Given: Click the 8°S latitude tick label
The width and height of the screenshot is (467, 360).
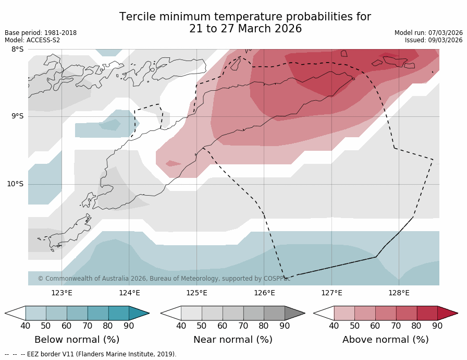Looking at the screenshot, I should point(17,50).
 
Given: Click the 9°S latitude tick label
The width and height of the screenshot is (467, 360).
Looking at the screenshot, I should point(17,116).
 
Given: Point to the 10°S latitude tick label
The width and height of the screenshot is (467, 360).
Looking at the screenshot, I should point(15,184).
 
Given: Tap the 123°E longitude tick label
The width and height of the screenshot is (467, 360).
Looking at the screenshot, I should point(62,293).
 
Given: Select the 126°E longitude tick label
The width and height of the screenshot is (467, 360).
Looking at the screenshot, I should point(264,293).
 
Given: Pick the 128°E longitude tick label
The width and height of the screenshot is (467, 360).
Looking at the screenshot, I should point(399,293).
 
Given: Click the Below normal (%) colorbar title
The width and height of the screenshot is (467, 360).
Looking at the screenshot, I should point(77,340).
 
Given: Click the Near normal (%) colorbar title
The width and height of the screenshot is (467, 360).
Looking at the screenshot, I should point(232,340).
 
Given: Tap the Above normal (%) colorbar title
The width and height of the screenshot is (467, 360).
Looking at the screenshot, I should point(385,340).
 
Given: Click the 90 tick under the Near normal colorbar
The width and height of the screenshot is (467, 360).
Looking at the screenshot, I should point(285,326).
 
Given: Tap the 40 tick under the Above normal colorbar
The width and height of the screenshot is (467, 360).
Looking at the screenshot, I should point(334,326).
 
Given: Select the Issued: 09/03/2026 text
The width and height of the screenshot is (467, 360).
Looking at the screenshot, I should point(434,40).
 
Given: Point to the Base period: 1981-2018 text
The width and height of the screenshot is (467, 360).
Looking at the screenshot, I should point(41,33).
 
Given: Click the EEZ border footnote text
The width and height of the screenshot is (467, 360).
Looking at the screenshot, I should point(91,354).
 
